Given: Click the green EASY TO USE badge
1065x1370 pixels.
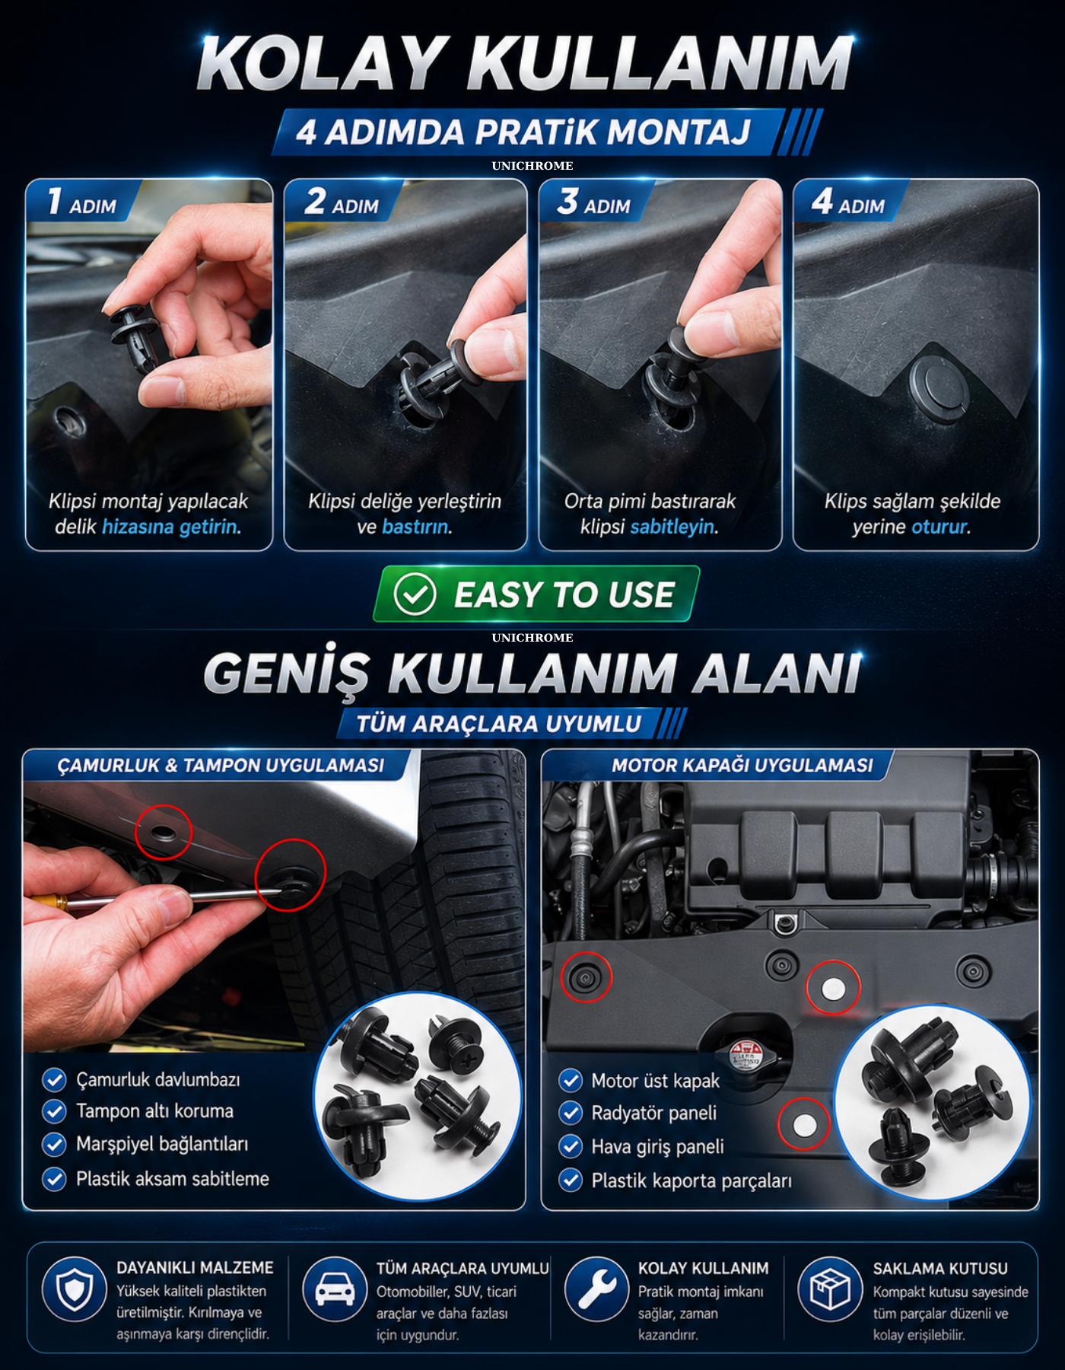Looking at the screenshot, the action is point(536,594).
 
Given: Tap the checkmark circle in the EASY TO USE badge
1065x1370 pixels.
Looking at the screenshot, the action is point(415,594).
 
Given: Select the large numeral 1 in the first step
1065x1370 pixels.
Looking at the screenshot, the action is point(55,201).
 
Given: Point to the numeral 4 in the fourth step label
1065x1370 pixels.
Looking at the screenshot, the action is point(822,201).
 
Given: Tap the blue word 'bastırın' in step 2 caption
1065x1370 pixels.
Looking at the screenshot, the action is point(416,527).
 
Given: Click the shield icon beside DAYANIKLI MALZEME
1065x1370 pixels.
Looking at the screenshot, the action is point(75,1289).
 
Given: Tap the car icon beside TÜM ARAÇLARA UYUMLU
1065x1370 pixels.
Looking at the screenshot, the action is point(335,1289).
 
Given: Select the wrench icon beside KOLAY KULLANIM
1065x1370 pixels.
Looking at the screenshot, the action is point(596,1289).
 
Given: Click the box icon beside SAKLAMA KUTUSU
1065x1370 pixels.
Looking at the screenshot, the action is point(830,1289).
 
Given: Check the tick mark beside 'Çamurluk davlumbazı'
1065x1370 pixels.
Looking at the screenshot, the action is point(54,1079).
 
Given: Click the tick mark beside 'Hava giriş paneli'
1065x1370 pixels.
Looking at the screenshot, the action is point(571,1145).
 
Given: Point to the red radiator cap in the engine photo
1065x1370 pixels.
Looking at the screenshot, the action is point(745,1054).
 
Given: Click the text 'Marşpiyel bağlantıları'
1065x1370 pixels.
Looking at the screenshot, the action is point(162,1145).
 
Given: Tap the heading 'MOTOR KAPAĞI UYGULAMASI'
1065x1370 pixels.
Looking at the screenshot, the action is point(742,765).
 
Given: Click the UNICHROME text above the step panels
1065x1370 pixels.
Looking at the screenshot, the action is point(532,165).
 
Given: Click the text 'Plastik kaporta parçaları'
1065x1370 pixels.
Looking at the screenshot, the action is point(691,1180).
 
